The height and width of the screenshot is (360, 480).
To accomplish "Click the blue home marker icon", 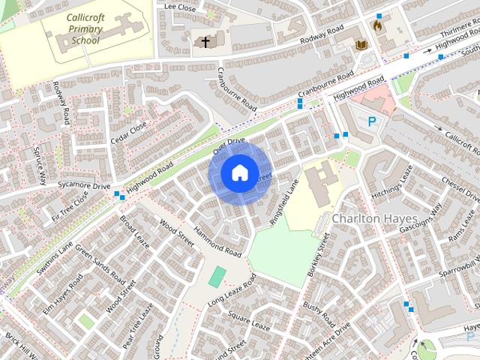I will click(238, 173).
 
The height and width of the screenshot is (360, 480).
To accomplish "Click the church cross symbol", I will click(205, 42).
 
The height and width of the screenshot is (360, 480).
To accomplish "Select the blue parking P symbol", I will click(371, 121).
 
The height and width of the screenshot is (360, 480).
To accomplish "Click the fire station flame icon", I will click(378, 25).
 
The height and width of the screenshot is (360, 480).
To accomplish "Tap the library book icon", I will click(361, 45).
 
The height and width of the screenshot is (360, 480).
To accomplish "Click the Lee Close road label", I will click(179, 7).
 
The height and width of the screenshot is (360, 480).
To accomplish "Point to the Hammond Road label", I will click(218, 239).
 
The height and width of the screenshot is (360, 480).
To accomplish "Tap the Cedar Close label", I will click(128, 132).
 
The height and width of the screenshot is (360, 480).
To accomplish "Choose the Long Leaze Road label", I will click(232, 290).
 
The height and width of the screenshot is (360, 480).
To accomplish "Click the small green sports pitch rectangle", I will click(217, 276).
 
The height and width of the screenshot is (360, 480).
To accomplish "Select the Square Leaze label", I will click(249, 321).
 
